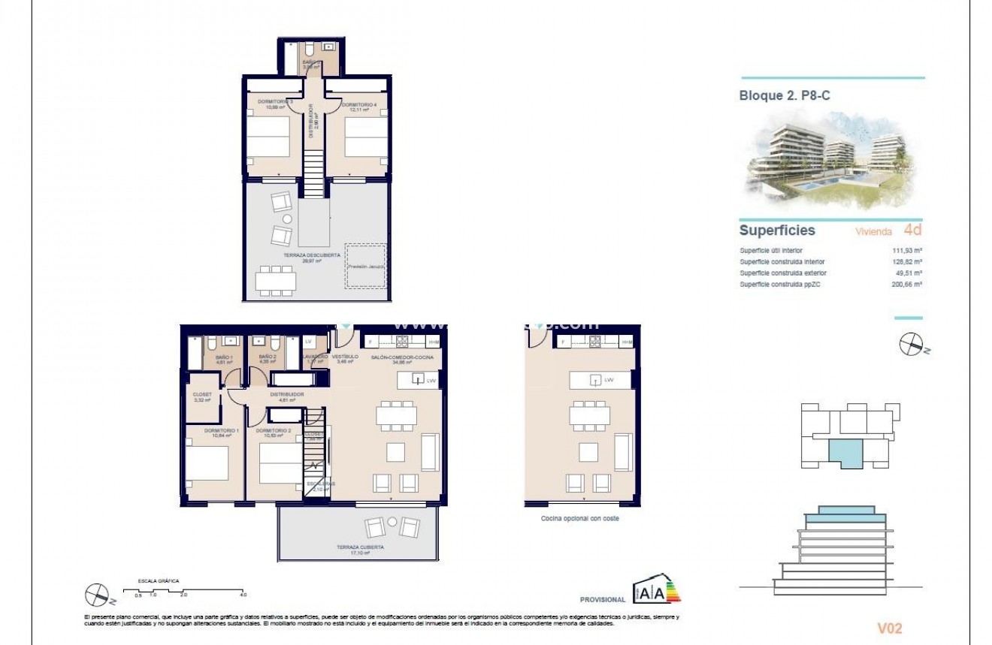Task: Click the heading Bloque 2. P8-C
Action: [784, 95]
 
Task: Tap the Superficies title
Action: [777, 231]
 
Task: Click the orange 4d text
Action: [912, 231]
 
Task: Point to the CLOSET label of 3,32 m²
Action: [202, 394]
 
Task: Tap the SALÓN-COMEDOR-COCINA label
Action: [402, 357]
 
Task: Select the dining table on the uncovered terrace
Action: [277, 283]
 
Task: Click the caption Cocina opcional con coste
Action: [579, 519]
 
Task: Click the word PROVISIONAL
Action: [603, 600]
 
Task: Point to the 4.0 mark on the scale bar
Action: [243, 595]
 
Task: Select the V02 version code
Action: [889, 628]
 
